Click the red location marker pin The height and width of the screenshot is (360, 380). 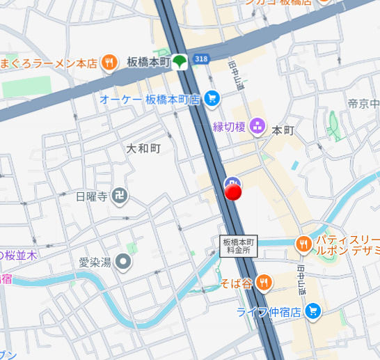[x=233, y=191]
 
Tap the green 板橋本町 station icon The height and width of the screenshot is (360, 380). [x=180, y=61]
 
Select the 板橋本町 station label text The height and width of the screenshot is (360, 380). [x=148, y=61]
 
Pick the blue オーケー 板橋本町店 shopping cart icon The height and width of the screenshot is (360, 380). [x=212, y=100]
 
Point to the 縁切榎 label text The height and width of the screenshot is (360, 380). [x=230, y=127]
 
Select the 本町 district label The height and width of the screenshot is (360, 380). [x=283, y=130]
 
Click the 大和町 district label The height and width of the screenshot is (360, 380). [x=144, y=148]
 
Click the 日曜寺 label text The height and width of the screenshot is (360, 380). [x=92, y=196]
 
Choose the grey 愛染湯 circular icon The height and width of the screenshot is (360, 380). [x=123, y=263]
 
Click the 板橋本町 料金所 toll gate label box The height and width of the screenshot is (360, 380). [x=239, y=246]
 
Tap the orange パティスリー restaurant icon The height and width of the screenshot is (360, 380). [x=303, y=244]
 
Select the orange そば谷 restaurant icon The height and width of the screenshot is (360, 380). [x=263, y=282]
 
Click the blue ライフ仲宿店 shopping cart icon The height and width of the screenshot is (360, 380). [x=312, y=311]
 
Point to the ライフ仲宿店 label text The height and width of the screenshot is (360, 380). [x=269, y=312]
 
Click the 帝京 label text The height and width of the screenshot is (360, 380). [x=363, y=104]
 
